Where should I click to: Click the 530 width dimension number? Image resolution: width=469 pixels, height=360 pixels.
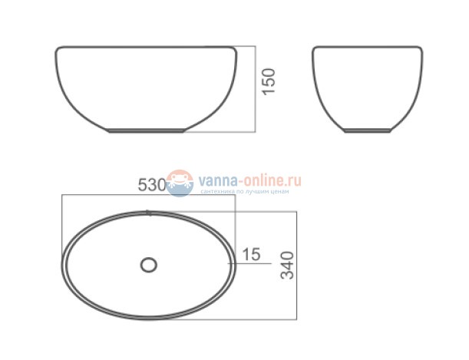tap(152, 184)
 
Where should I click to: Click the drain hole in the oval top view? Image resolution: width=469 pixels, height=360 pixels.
tap(148, 265)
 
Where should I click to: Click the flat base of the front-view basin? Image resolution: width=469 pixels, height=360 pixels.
tap(147, 131)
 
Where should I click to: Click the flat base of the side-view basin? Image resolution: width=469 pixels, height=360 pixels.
tap(367, 131)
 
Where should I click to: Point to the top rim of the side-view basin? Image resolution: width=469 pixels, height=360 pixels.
tap(367, 48)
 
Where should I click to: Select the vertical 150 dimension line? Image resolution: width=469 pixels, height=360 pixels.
tap(255, 88)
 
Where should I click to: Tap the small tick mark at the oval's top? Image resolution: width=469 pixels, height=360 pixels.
tap(148, 212)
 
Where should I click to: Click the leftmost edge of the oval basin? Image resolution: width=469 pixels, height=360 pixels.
tap(61, 264)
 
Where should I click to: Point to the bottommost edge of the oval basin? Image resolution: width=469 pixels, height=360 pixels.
tap(148, 317)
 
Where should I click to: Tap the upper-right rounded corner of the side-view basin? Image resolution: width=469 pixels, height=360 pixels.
tap(419, 52)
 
